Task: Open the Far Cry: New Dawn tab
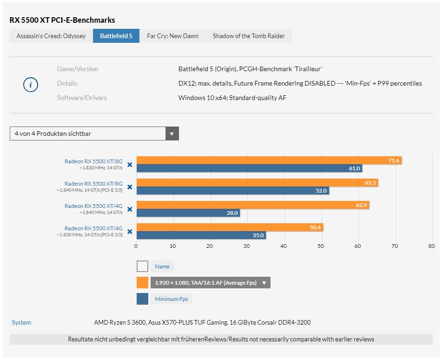tap(172, 36)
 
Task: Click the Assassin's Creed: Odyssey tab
tap(51, 36)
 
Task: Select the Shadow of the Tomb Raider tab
tap(249, 36)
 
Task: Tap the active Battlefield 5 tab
tap(116, 36)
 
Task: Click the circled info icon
tap(31, 85)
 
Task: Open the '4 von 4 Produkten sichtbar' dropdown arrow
tap(172, 133)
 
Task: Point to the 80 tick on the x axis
tap(431, 246)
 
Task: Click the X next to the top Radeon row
tap(130, 164)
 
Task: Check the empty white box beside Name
tap(142, 267)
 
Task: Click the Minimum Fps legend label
tap(171, 299)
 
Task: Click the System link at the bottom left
tap(21, 322)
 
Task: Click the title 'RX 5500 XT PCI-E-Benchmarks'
tap(62, 20)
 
